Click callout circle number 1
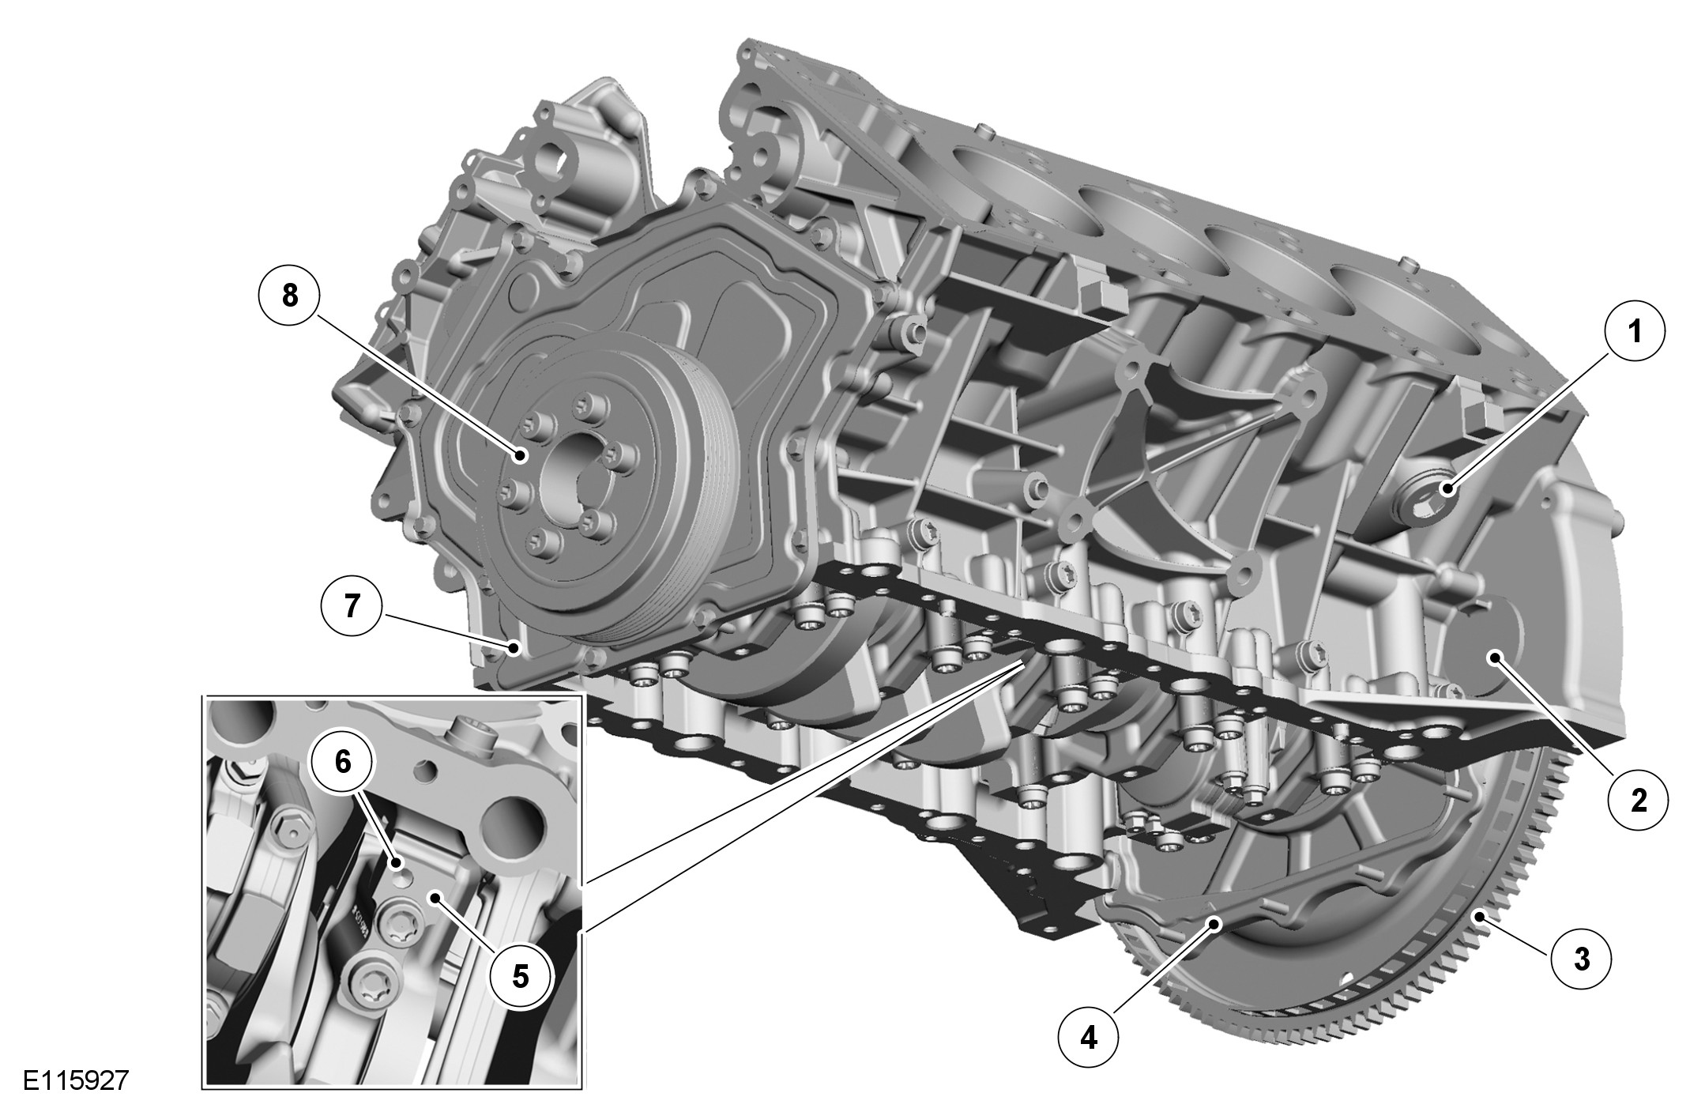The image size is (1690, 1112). click(x=1635, y=333)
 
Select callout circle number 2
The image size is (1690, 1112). click(x=1639, y=800)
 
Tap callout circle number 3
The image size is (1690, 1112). click(x=1581, y=959)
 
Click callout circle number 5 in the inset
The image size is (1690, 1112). click(x=520, y=976)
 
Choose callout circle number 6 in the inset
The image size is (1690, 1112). click(x=341, y=761)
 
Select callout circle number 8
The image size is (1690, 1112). click(x=290, y=295)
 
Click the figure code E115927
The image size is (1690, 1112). click(x=75, y=1080)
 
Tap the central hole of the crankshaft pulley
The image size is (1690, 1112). click(x=571, y=477)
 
